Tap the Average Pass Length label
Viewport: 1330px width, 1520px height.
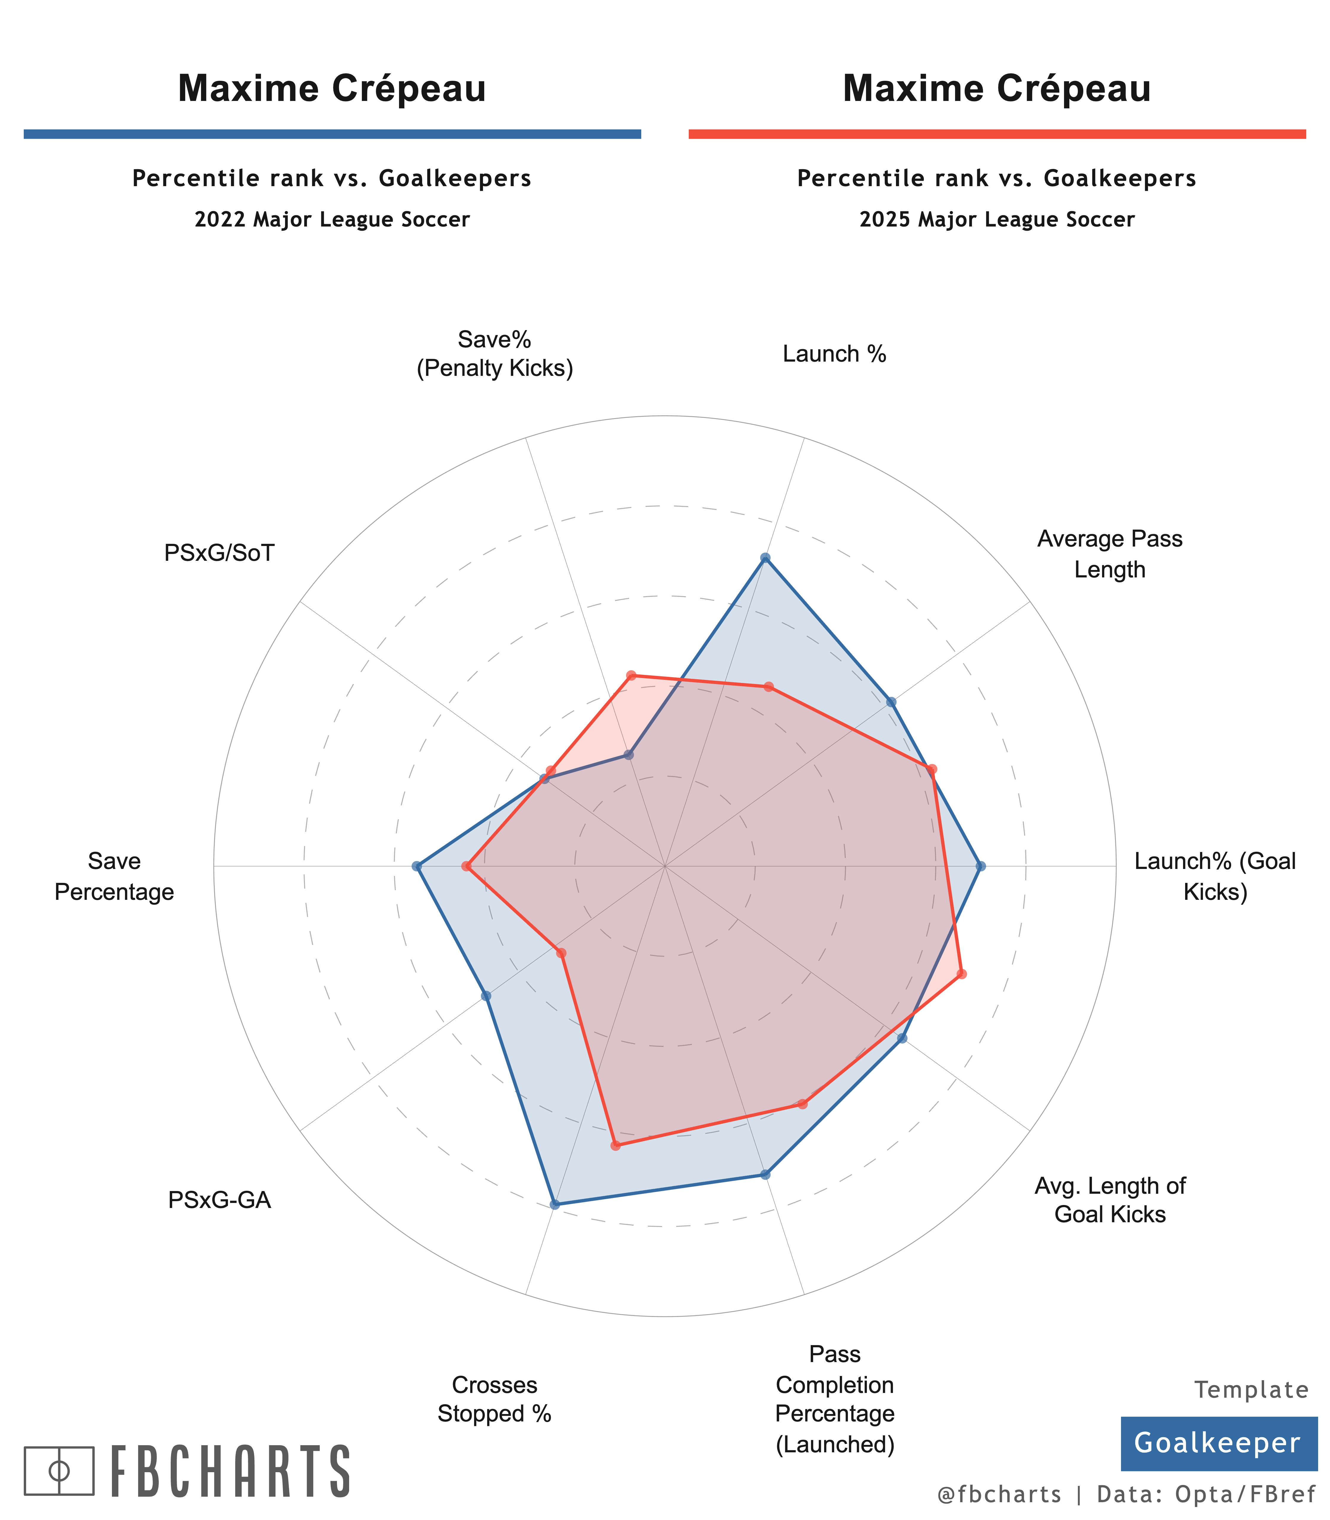coord(1110,554)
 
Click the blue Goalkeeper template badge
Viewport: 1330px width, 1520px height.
coord(1217,1443)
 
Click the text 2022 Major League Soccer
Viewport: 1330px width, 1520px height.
coord(332,220)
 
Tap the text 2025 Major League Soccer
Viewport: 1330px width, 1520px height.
coord(997,220)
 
